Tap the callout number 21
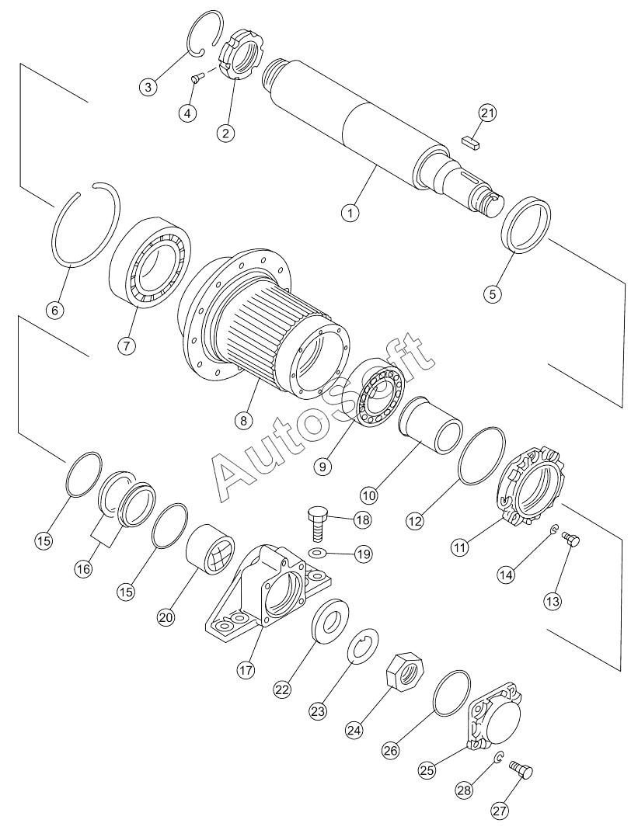tap(486, 113)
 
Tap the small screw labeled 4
tap(197, 77)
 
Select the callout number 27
tap(498, 810)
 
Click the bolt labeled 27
tap(521, 769)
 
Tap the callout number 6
tap(54, 310)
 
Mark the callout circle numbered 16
tap(82, 568)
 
